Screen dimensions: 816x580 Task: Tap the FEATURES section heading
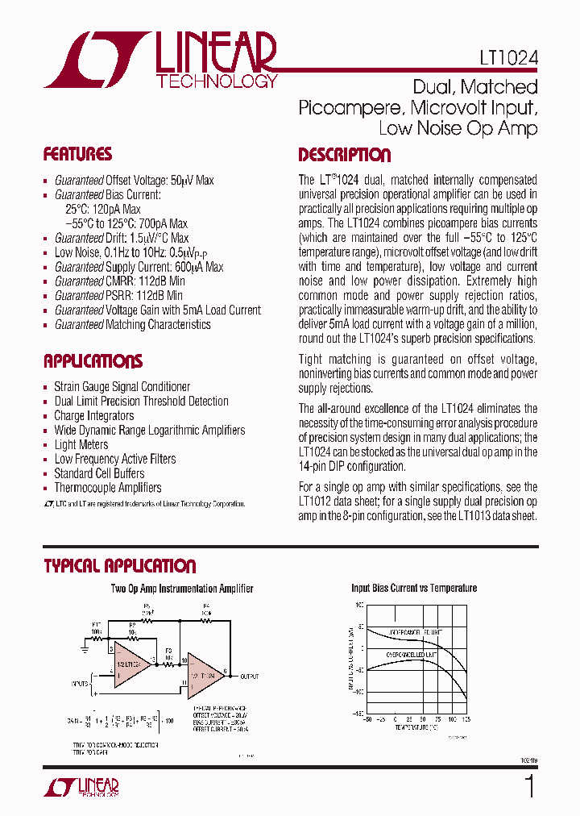pyautogui.click(x=77, y=154)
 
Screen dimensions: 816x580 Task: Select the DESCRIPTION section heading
pyautogui.click(x=344, y=155)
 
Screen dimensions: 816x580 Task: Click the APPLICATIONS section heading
pyautogui.click(x=93, y=360)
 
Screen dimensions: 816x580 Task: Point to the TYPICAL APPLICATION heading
pyautogui.click(x=119, y=566)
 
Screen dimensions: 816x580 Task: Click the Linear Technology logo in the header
pyautogui.click(x=161, y=60)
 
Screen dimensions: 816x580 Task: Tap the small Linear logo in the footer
pyautogui.click(x=81, y=787)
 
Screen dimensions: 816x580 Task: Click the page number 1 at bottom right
pyautogui.click(x=528, y=786)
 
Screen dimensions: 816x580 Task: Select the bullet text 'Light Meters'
pyautogui.click(x=81, y=444)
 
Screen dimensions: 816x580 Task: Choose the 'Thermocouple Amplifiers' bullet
pyautogui.click(x=107, y=488)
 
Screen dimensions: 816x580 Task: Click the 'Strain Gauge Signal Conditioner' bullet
pyautogui.click(x=122, y=386)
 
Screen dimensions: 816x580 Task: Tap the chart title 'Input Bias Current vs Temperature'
pyautogui.click(x=414, y=588)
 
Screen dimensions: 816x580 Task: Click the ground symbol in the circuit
pyautogui.click(x=85, y=646)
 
